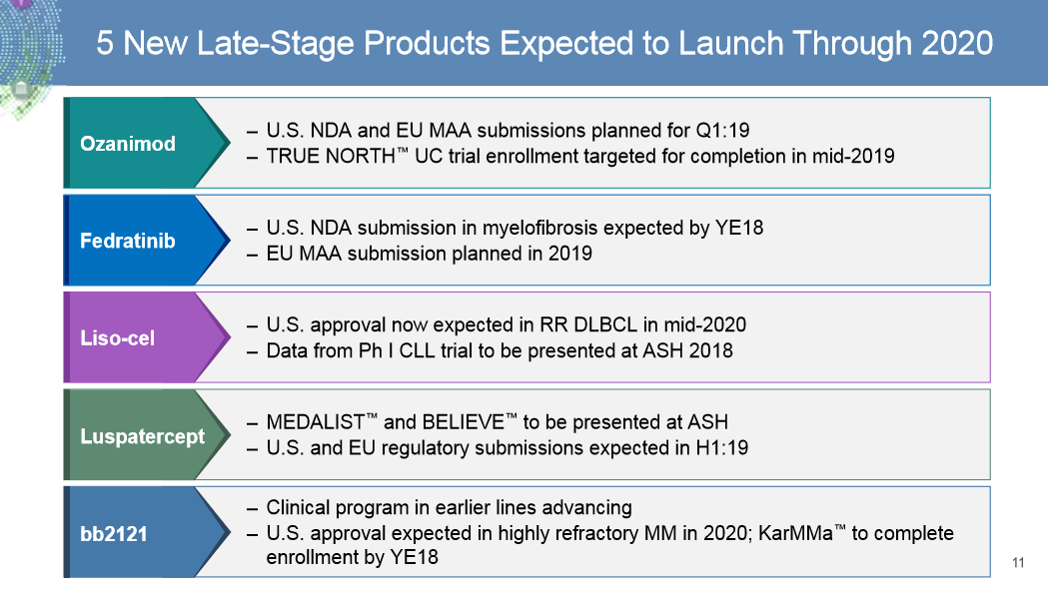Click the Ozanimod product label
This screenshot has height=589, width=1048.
coord(127,144)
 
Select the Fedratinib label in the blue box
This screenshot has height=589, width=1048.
coord(127,241)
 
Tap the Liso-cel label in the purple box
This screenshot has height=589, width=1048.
coord(117,337)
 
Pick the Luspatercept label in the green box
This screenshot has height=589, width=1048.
coord(142,436)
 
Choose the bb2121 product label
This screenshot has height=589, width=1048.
coord(113,533)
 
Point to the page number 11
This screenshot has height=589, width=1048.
coord(1018,563)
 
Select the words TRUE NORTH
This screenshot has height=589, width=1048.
coord(323,157)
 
